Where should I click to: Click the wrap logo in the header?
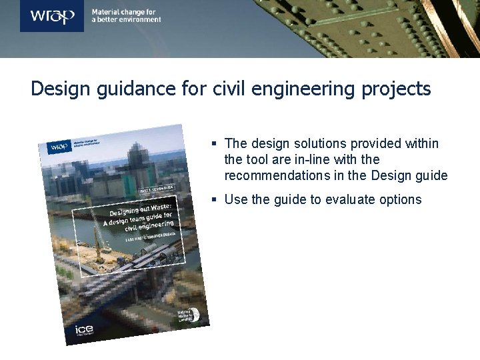pos(52,15)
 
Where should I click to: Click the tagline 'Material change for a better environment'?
pos(126,16)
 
